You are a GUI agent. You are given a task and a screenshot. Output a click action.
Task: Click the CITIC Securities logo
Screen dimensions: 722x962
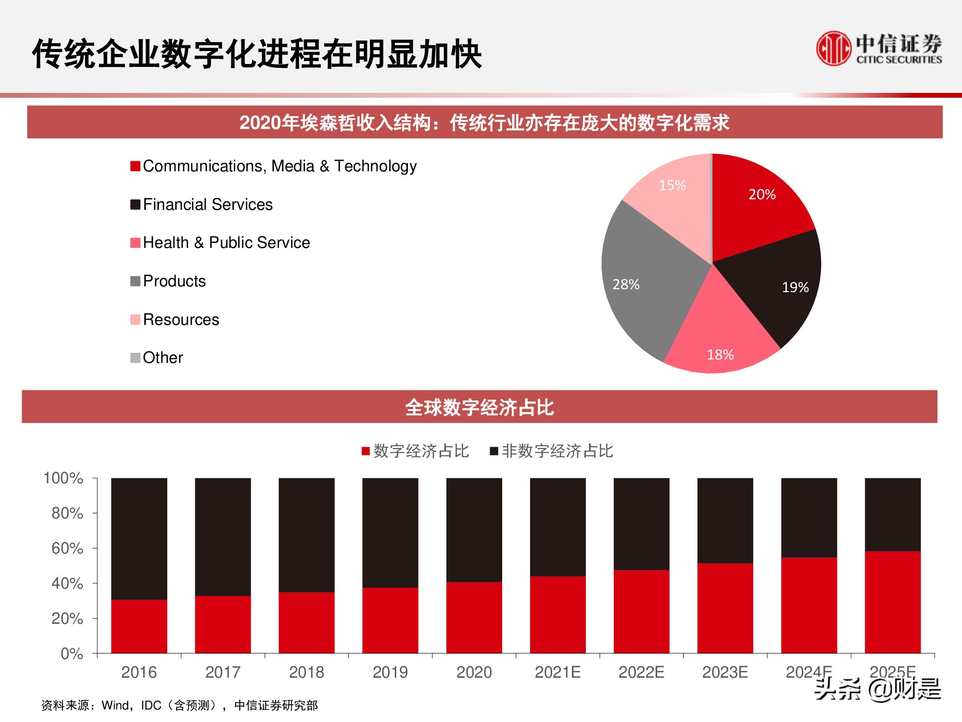[879, 49]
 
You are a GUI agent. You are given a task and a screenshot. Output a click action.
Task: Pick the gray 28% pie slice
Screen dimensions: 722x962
[645, 279]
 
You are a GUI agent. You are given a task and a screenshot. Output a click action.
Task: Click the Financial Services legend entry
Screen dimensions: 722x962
[207, 205]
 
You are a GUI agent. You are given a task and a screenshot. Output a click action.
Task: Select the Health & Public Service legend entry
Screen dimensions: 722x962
[226, 243]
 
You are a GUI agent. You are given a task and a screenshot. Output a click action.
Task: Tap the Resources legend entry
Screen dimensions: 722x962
[181, 320]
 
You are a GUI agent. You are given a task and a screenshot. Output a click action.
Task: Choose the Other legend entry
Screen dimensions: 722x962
[163, 358]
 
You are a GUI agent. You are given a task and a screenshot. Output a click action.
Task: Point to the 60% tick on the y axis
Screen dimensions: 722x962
[67, 548]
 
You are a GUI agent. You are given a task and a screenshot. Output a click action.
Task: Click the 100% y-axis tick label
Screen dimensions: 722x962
[63, 478]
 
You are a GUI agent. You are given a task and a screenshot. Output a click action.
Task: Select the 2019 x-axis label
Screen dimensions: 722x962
[390, 672]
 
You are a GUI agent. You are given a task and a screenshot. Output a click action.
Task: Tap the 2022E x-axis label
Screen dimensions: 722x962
[641, 672]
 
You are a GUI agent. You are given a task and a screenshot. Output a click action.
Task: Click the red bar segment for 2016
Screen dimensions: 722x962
[139, 627]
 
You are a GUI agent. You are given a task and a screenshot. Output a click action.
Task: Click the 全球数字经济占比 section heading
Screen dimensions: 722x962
[480, 407]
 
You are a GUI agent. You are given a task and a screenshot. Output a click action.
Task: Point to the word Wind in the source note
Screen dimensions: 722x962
[115, 706]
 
